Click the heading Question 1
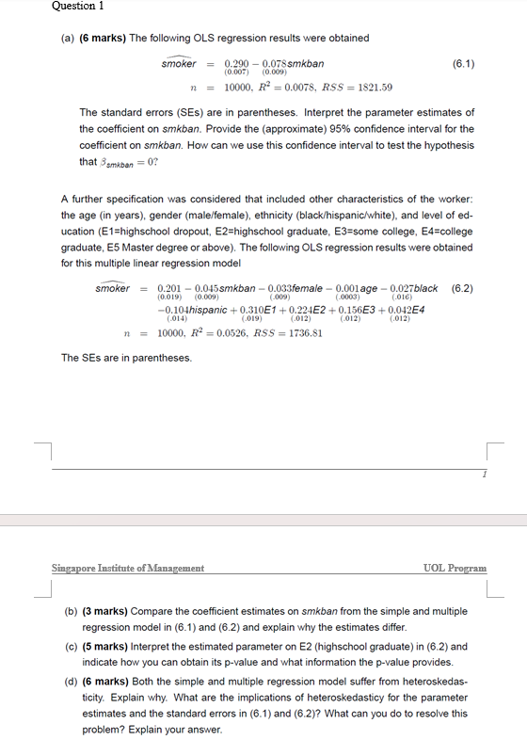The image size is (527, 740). (75, 7)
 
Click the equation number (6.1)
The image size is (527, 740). (463, 64)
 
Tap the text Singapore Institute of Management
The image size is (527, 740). (128, 569)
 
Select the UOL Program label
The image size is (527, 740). (455, 569)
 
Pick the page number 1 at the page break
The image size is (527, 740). (483, 475)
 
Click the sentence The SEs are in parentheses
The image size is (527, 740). (126, 358)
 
